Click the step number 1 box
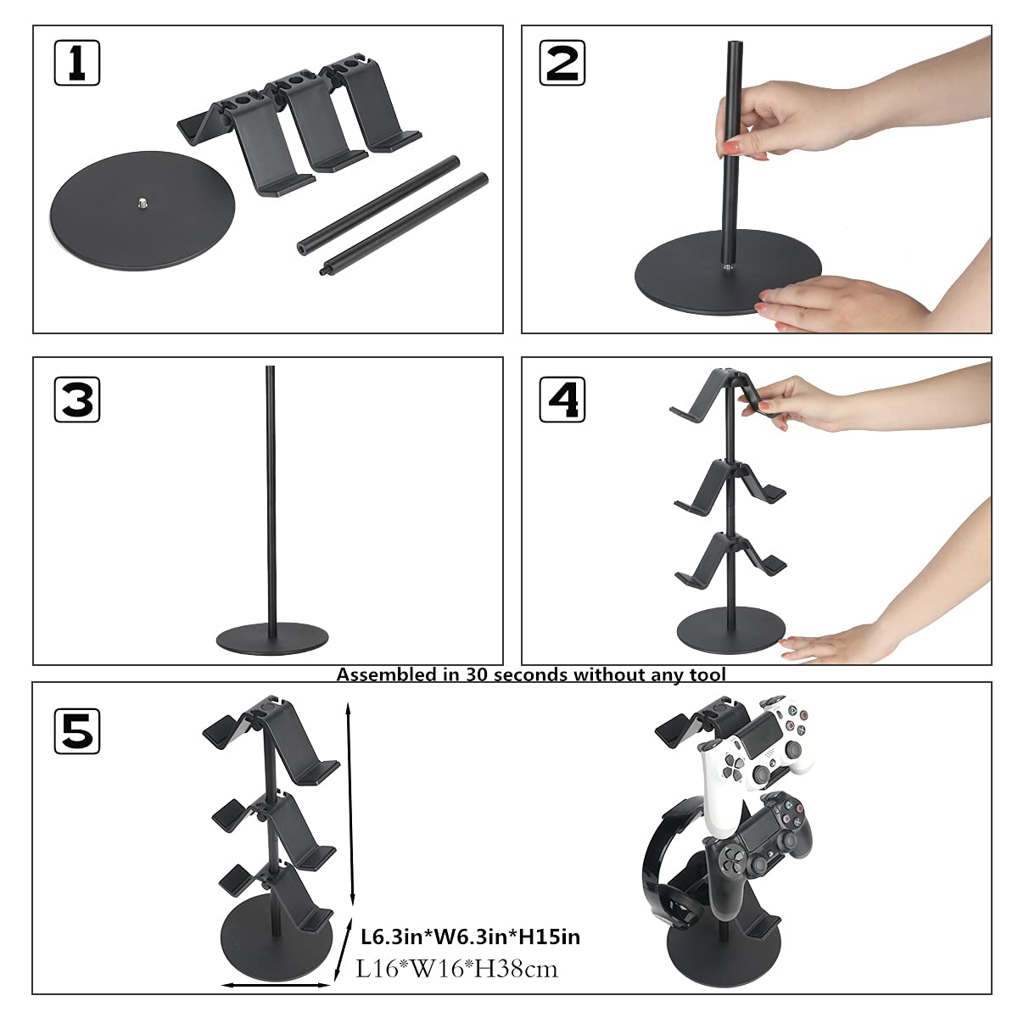76,63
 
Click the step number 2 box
562,63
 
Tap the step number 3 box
76,399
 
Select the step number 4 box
562,399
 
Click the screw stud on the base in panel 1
140,202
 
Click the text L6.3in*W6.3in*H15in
471,937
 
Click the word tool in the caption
708,675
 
